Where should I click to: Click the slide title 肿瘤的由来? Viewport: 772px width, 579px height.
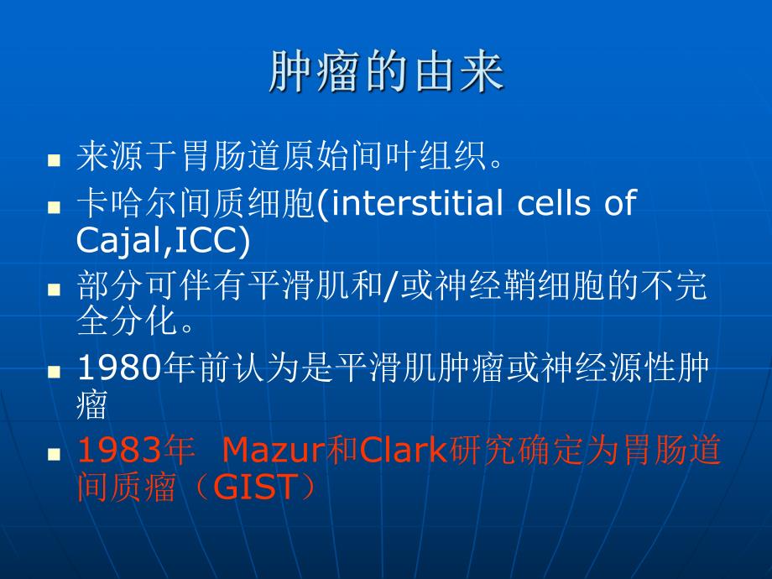[x=386, y=73]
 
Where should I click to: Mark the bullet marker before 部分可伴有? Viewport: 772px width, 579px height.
[x=55, y=289]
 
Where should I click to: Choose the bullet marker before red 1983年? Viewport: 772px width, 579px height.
[x=55, y=453]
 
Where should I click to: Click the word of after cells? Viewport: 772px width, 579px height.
[x=619, y=204]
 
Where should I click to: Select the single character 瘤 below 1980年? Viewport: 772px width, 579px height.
[x=91, y=405]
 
